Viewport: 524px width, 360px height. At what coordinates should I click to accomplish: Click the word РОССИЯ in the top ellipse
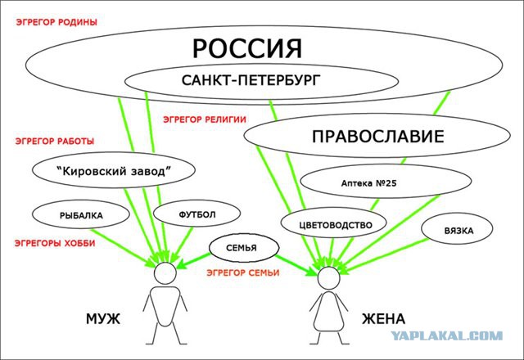(x=247, y=49)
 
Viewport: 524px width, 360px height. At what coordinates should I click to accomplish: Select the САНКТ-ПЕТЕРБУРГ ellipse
(x=261, y=81)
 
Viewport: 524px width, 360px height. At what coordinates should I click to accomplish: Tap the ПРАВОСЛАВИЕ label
(x=378, y=137)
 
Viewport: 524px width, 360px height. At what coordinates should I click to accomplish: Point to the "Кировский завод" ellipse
(x=114, y=170)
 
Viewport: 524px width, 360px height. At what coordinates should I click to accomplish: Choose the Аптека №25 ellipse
(x=386, y=181)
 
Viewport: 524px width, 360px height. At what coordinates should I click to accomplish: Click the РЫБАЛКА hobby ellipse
(x=81, y=214)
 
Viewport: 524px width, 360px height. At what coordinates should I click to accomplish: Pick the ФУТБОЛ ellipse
(x=196, y=213)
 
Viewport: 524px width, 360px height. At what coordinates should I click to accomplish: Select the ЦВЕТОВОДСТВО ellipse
(x=333, y=223)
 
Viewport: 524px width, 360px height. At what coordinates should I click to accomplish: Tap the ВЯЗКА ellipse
(x=457, y=229)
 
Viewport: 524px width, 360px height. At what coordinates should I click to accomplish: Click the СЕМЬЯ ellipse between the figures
(x=244, y=247)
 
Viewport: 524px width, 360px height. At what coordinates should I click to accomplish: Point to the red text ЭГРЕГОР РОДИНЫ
(x=56, y=22)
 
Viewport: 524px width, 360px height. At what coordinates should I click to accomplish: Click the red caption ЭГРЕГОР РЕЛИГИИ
(x=205, y=119)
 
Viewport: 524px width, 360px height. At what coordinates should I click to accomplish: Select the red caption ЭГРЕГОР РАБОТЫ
(x=55, y=141)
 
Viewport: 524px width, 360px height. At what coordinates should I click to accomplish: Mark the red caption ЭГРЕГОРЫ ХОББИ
(x=55, y=243)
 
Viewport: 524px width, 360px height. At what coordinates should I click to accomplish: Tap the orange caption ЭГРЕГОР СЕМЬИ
(x=243, y=272)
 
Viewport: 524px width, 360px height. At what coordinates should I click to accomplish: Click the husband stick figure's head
(x=165, y=272)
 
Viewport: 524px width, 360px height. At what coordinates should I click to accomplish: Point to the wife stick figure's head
(x=329, y=277)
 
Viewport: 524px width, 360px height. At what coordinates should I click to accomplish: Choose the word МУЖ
(x=103, y=319)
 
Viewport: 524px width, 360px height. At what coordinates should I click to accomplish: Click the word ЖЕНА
(x=384, y=319)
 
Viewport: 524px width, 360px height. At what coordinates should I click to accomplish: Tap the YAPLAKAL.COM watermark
(x=447, y=335)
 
